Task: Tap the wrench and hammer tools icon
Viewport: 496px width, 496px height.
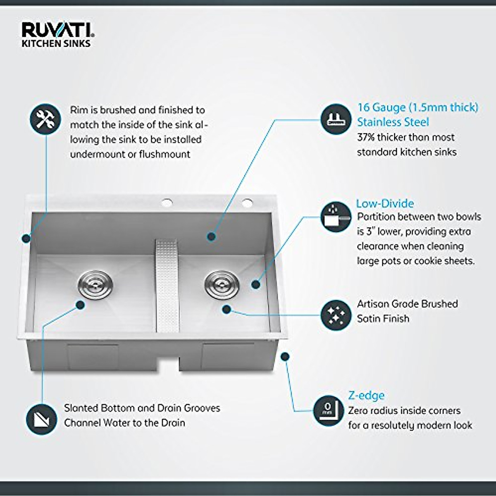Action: click(x=45, y=119)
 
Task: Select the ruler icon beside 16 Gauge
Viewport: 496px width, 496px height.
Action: click(x=336, y=119)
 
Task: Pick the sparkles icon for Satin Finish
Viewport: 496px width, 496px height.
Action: click(x=336, y=315)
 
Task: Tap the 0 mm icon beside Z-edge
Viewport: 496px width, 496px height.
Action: click(x=329, y=410)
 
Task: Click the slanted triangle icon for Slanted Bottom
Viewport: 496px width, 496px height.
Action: click(x=41, y=419)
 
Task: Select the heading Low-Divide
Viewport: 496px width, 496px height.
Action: click(x=385, y=203)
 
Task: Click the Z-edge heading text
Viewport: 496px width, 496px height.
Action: click(x=366, y=396)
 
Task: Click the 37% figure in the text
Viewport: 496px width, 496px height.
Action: click(x=365, y=137)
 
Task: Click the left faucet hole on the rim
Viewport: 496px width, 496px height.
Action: click(x=167, y=203)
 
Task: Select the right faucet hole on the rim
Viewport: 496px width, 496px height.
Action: click(x=247, y=203)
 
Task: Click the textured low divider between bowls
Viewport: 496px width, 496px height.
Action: click(x=167, y=285)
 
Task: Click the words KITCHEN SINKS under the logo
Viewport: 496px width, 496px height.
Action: click(x=56, y=43)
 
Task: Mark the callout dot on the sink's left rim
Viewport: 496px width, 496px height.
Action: click(x=26, y=238)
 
